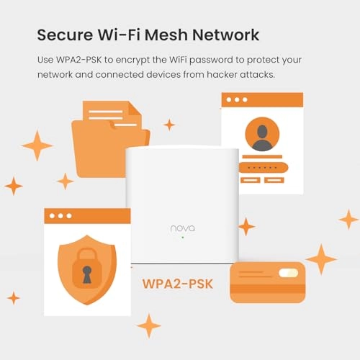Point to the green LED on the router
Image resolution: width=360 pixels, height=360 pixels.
(183, 238)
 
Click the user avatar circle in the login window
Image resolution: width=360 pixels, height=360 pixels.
(262, 135)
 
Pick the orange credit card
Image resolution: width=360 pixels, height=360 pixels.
(267, 282)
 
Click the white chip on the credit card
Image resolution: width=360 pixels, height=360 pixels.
(288, 273)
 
